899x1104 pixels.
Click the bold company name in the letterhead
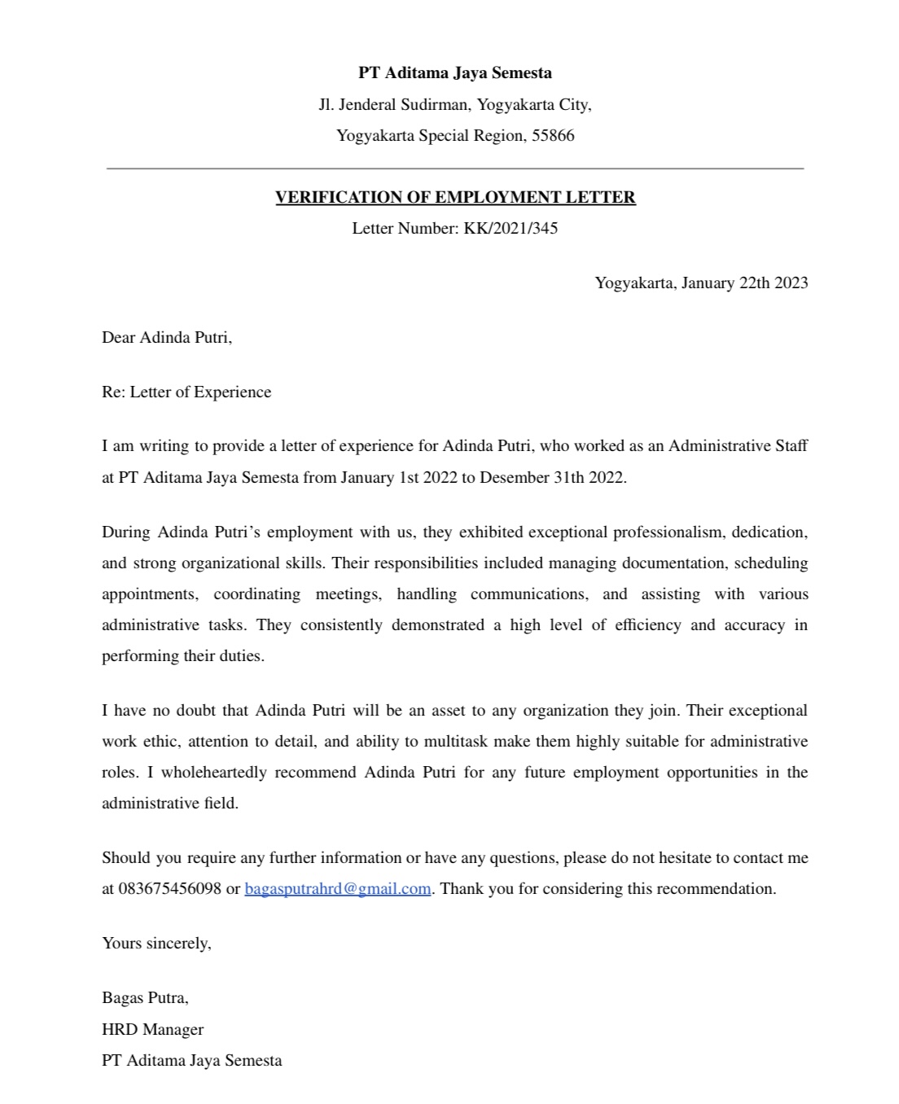pyautogui.click(x=455, y=73)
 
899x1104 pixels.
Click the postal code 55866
pyautogui.click(x=553, y=136)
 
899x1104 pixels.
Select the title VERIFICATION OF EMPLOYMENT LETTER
pyautogui.click(x=455, y=197)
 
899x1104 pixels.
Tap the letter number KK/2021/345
pyautogui.click(x=511, y=228)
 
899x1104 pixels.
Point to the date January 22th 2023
pyautogui.click(x=744, y=283)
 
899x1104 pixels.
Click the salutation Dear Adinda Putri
pyautogui.click(x=167, y=337)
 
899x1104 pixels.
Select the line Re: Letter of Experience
pyautogui.click(x=186, y=392)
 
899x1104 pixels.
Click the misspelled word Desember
pyautogui.click(x=515, y=477)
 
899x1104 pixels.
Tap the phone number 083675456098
pyautogui.click(x=169, y=888)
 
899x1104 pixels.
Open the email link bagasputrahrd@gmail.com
pyautogui.click(x=337, y=888)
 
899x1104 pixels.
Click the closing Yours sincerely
pyautogui.click(x=156, y=943)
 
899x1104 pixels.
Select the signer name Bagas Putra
pyautogui.click(x=145, y=997)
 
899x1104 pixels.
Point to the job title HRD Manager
pyautogui.click(x=152, y=1029)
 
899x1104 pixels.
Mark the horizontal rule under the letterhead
pyautogui.click(x=455, y=169)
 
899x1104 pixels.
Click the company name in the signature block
pyautogui.click(x=192, y=1060)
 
